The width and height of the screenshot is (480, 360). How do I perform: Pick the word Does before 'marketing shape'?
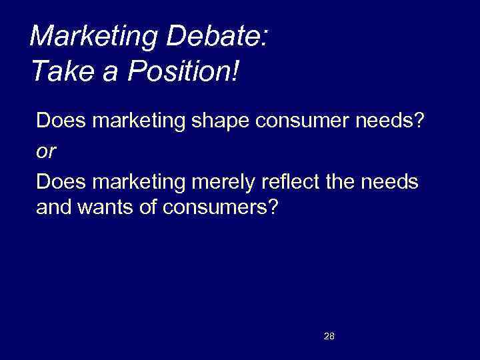(x=57, y=123)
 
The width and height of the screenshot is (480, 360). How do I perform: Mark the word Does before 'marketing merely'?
(x=57, y=181)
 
